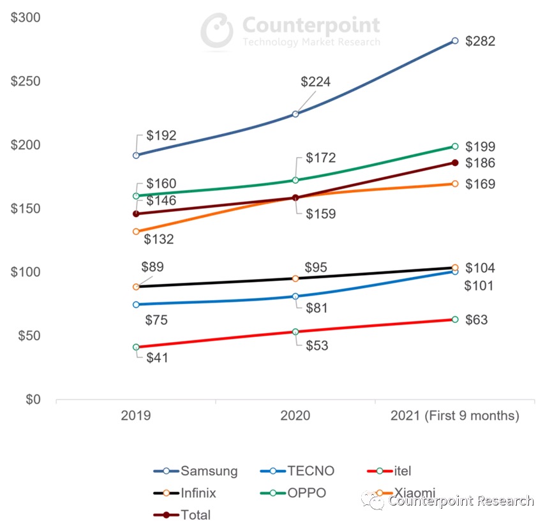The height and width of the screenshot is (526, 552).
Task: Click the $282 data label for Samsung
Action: pos(480,41)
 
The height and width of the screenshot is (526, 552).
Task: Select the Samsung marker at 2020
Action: pos(295,114)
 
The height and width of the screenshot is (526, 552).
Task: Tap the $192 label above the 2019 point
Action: pos(161,135)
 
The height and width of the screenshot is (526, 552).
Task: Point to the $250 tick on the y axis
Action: pos(26,82)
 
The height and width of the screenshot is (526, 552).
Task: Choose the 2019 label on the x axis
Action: pos(136,416)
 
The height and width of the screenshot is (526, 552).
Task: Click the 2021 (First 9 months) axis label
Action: pos(454,416)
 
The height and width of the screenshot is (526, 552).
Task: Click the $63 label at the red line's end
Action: pos(476,320)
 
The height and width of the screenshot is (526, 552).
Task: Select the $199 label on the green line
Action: pos(480,147)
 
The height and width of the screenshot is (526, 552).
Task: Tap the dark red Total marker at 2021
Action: pos(455,163)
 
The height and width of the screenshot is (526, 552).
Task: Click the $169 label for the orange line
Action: pos(480,184)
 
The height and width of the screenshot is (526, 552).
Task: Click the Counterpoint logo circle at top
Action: pos(217,29)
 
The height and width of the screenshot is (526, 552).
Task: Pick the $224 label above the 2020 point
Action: pos(316,82)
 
